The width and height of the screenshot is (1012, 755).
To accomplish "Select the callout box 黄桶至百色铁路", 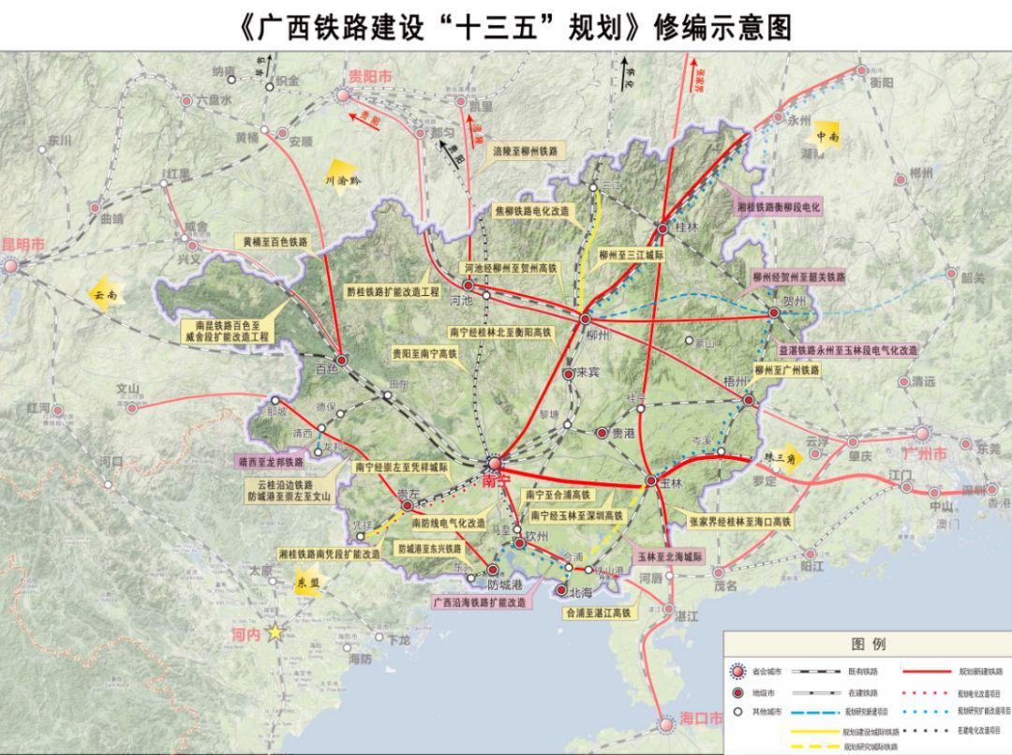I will pyautogui.click(x=275, y=242).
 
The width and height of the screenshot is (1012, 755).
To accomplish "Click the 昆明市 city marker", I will pyautogui.click(x=11, y=266).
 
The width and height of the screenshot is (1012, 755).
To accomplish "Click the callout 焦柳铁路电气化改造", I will pyautogui.click(x=531, y=212).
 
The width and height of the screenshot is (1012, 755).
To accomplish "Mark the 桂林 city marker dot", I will pyautogui.click(x=662, y=229).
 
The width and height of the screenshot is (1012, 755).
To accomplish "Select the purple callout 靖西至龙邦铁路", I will pyautogui.click(x=270, y=462).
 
